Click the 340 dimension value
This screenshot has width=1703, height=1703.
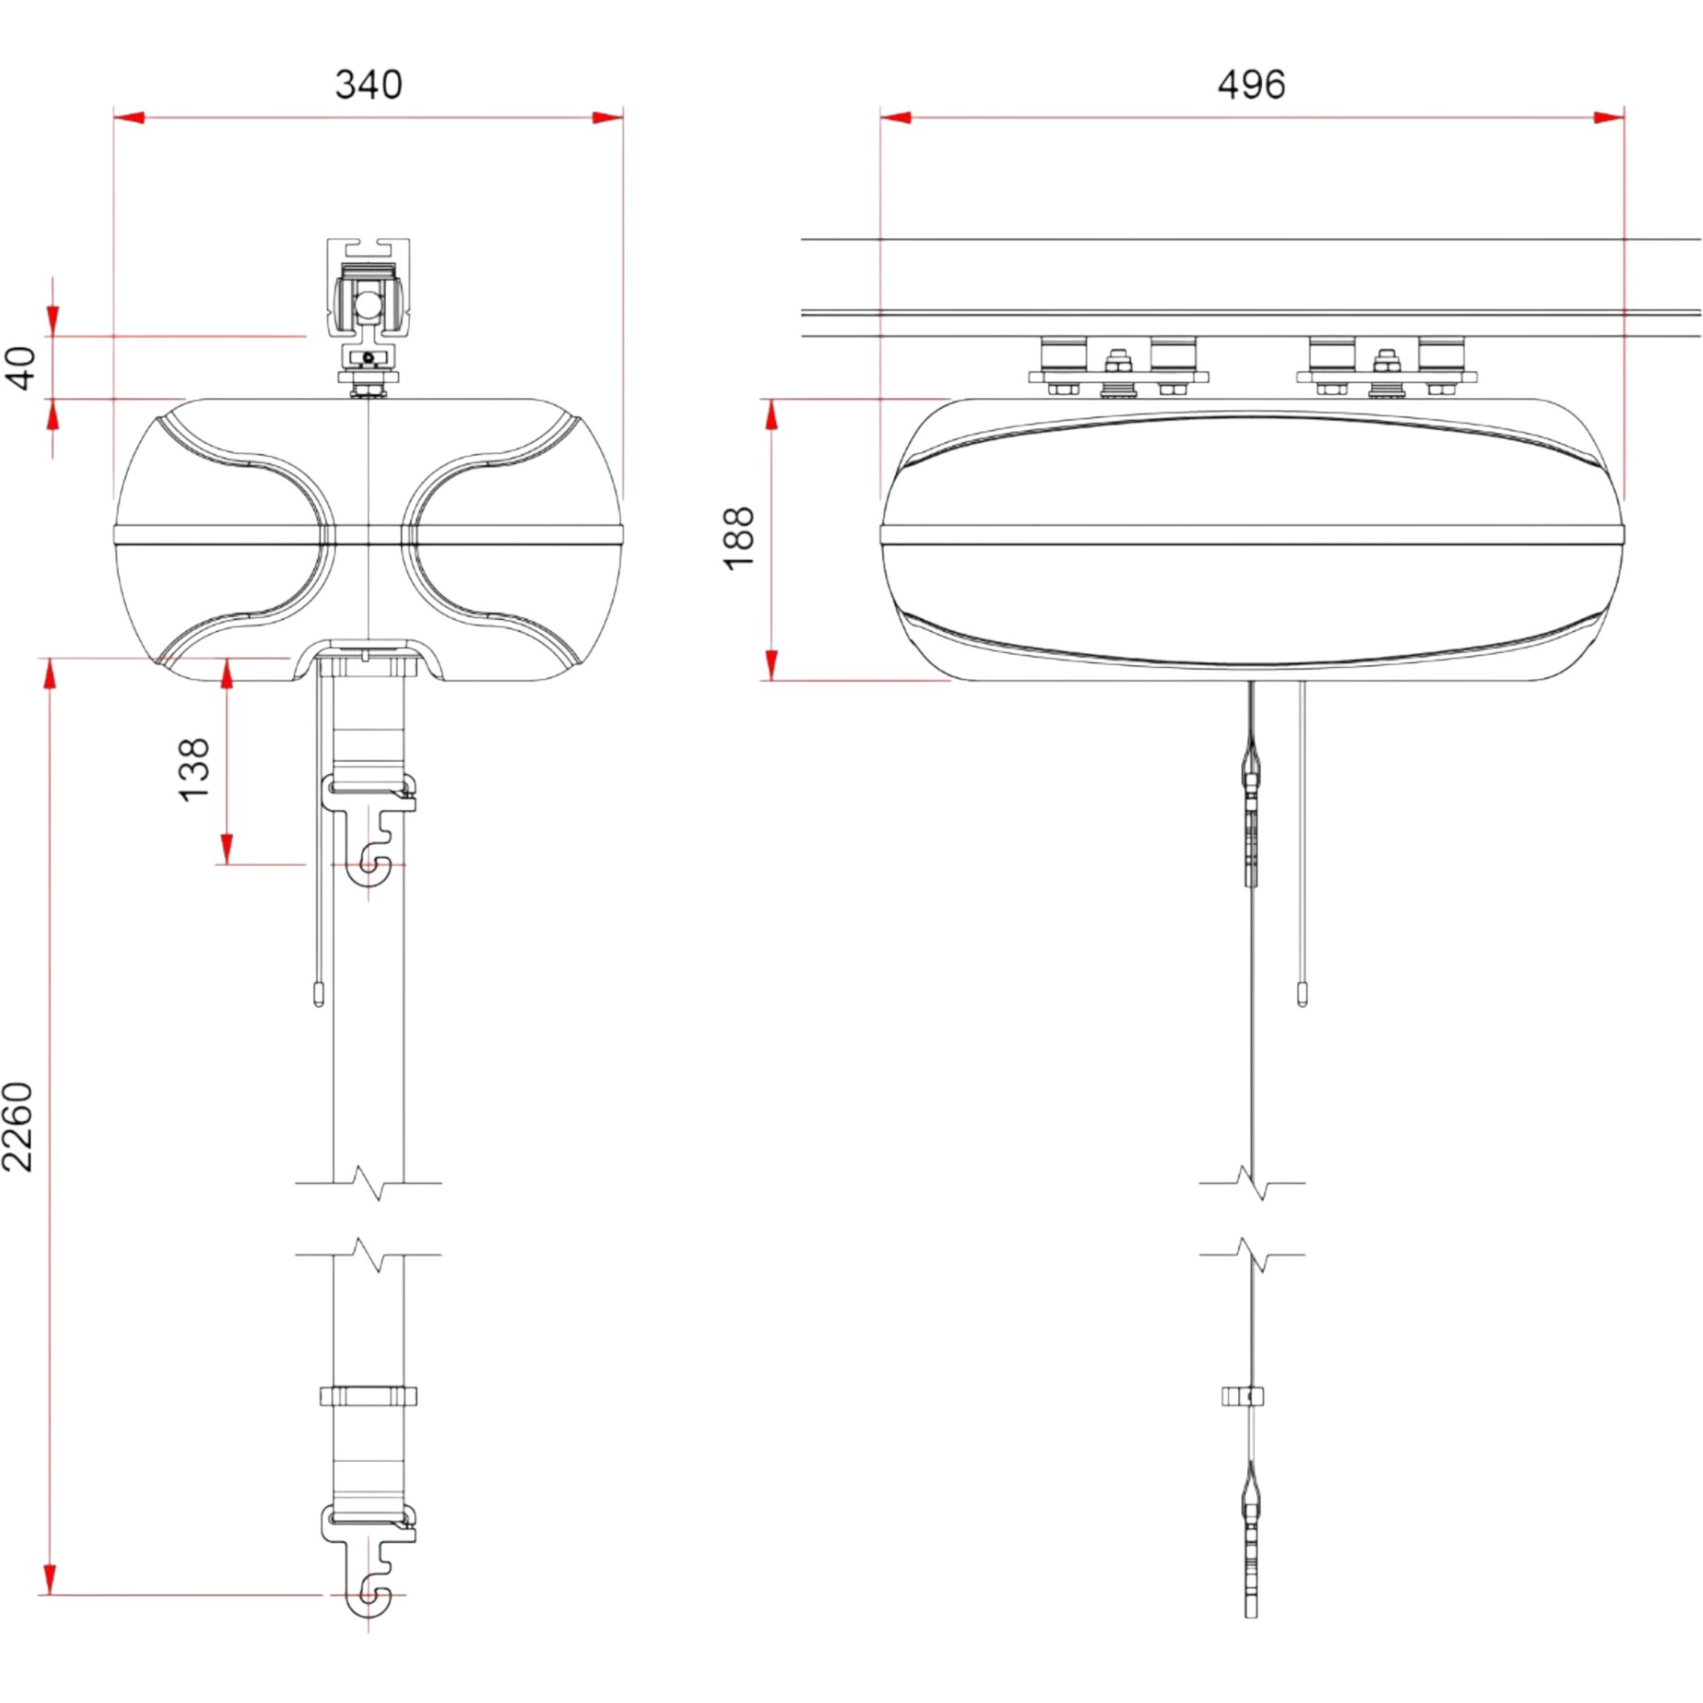pos(368,84)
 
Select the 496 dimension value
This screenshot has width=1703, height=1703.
pos(1251,84)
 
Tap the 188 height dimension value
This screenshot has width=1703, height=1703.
pos(739,538)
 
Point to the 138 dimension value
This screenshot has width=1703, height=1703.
pos(194,770)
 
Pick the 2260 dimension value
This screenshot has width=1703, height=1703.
pos(17,1127)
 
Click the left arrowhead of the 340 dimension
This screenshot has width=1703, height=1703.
pos(129,117)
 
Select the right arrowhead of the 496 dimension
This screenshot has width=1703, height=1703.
pos(1608,117)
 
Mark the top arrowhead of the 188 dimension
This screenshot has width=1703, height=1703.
pos(772,414)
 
